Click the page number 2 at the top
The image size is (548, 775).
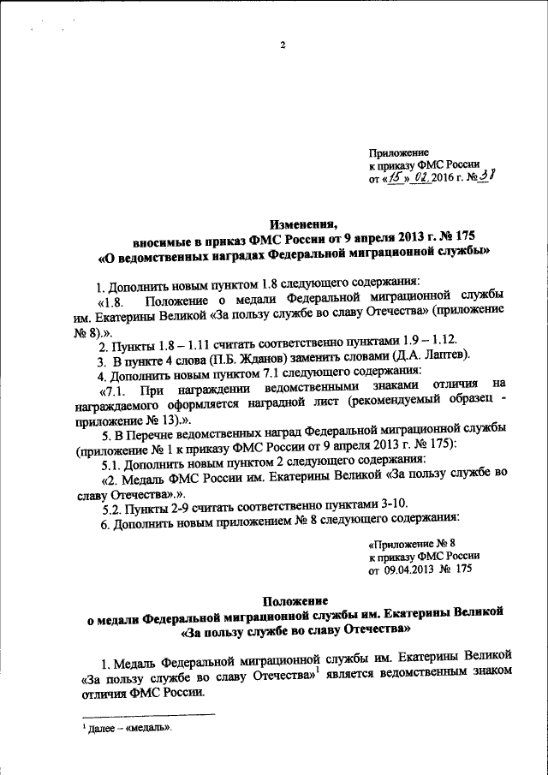pos(281,45)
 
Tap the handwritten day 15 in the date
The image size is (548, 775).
pos(395,178)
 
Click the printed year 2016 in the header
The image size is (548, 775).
pos(445,179)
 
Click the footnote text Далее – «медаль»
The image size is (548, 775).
pos(132,729)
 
